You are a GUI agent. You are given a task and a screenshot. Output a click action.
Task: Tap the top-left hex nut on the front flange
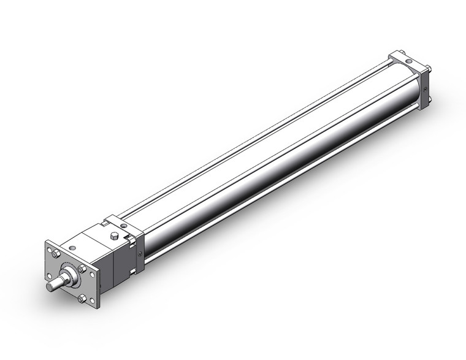[x=55, y=252]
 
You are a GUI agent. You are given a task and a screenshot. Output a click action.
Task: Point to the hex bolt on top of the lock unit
[x=115, y=236]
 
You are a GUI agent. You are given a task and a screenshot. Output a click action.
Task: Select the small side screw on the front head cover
[x=140, y=250]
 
